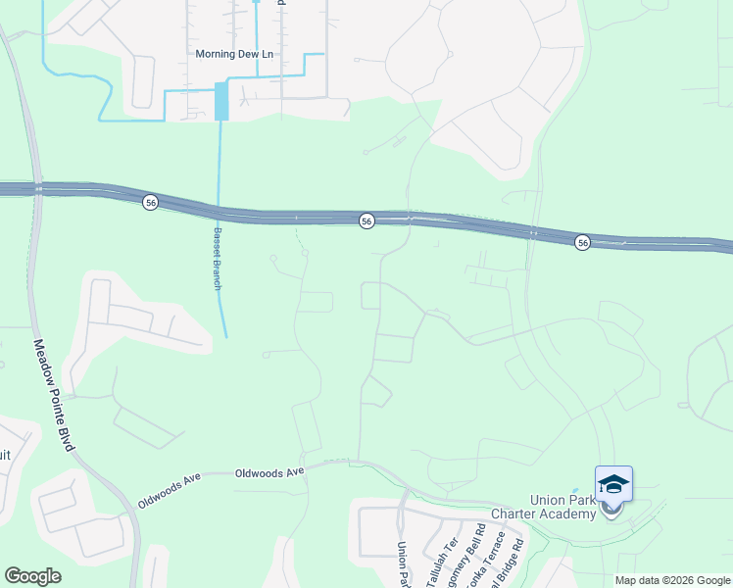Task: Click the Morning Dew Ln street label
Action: pyautogui.click(x=234, y=54)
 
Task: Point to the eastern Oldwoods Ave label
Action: pyautogui.click(x=269, y=471)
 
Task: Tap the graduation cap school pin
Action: pyautogui.click(x=613, y=486)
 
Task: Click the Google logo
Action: pyautogui.click(x=32, y=576)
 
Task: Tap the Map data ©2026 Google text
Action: pyautogui.click(x=672, y=580)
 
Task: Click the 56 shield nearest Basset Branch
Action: pyautogui.click(x=150, y=202)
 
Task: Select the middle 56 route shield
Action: pyautogui.click(x=366, y=221)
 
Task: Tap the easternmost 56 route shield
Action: pyautogui.click(x=582, y=242)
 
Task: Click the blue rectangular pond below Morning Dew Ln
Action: pyautogui.click(x=221, y=101)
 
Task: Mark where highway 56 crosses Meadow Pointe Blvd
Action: pyautogui.click(x=36, y=187)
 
